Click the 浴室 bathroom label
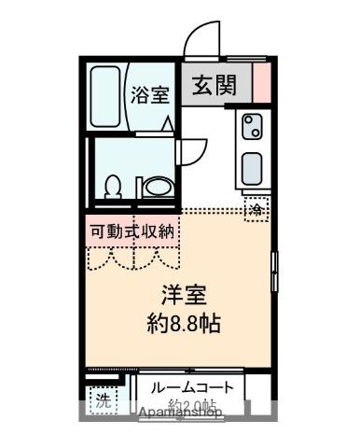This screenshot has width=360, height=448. pyautogui.click(x=151, y=94)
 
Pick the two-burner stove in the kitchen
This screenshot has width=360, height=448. pyautogui.click(x=253, y=128)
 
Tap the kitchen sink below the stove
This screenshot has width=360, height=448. pyautogui.click(x=253, y=169)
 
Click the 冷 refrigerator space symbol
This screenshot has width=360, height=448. pyautogui.click(x=256, y=209)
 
